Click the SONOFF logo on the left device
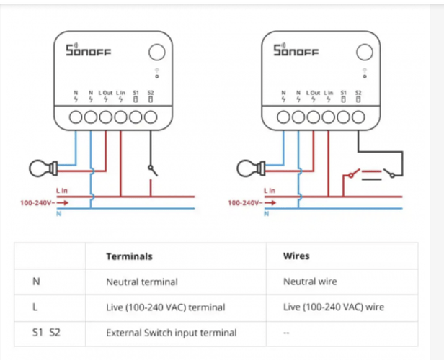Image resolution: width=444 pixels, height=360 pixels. pos(88,51)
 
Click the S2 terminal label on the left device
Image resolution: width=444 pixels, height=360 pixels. pos(151,92)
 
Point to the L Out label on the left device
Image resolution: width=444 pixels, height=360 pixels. pos(106,92)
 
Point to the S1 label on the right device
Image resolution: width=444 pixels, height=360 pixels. pos(344,92)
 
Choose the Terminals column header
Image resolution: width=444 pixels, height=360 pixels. pos(129,256)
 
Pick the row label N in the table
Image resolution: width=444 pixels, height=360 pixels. pos(36,282)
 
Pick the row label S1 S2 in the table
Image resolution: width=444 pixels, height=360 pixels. pos(46,333)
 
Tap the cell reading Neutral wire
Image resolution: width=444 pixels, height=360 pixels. pos(311,282)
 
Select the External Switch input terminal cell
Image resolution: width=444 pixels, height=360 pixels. pos(172,333)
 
